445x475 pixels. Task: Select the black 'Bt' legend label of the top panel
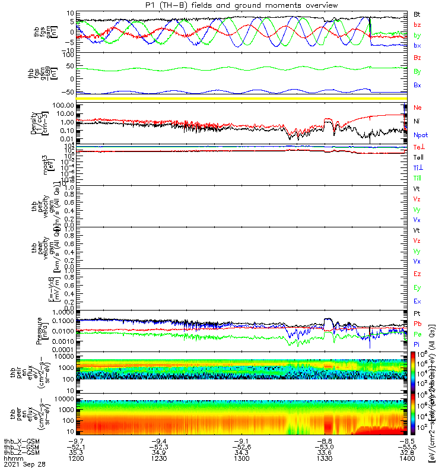[x=417, y=13]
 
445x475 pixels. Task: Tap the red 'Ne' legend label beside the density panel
[x=417, y=108]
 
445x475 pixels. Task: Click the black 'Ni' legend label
[x=416, y=121]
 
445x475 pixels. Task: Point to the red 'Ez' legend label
[x=417, y=274]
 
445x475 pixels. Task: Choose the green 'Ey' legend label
[x=417, y=288]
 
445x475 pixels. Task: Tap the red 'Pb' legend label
[x=417, y=324]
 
